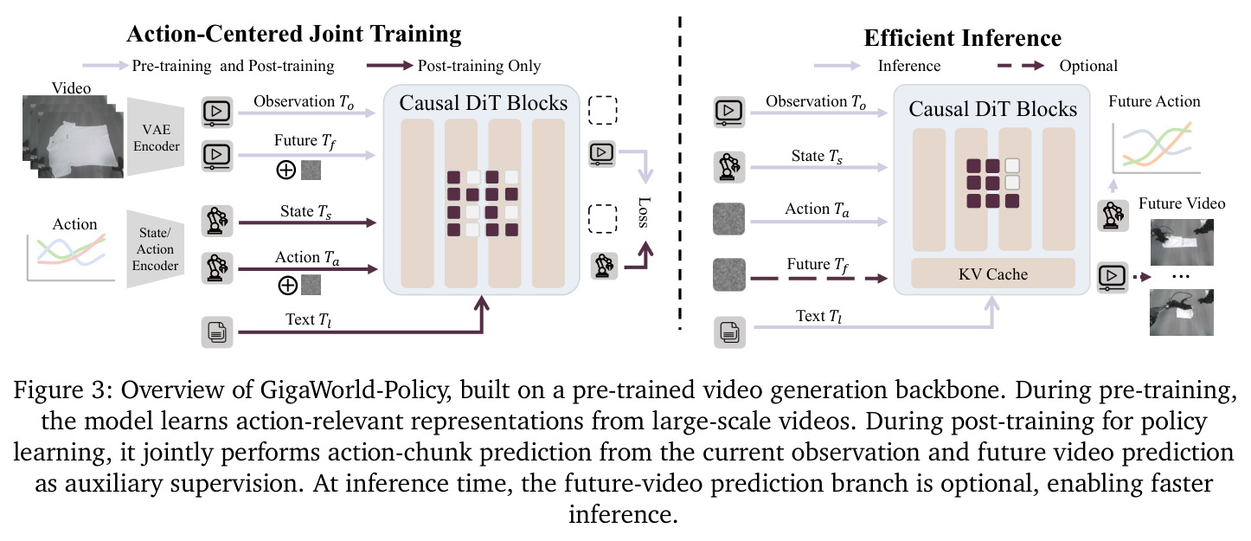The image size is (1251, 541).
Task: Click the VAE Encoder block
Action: pyautogui.click(x=156, y=138)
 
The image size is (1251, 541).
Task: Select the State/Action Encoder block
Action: pyautogui.click(x=155, y=249)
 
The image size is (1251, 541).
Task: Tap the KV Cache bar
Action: pyautogui.click(x=993, y=274)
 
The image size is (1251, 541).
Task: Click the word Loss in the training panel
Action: pyautogui.click(x=644, y=212)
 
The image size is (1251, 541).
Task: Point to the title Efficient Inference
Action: pyautogui.click(x=962, y=38)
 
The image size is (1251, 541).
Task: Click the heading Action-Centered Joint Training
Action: pyautogui.click(x=294, y=34)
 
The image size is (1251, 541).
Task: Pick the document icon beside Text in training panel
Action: pyautogui.click(x=217, y=332)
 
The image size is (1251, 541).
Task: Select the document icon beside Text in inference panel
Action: pyautogui.click(x=729, y=332)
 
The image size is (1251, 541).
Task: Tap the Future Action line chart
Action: pyautogui.click(x=1156, y=146)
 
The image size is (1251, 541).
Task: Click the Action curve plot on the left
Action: pyautogui.click(x=70, y=256)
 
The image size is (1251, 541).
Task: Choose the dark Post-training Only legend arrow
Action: pyautogui.click(x=389, y=66)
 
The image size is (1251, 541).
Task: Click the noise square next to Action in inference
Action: pyautogui.click(x=728, y=218)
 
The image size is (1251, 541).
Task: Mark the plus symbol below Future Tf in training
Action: pyautogui.click(x=286, y=170)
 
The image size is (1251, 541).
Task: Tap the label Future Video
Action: pyautogui.click(x=1182, y=203)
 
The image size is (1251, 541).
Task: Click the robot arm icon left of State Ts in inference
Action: pyautogui.click(x=729, y=166)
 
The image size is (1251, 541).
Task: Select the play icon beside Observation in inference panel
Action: pyautogui.click(x=729, y=112)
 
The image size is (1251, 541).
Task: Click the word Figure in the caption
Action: pyautogui.click(x=49, y=390)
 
